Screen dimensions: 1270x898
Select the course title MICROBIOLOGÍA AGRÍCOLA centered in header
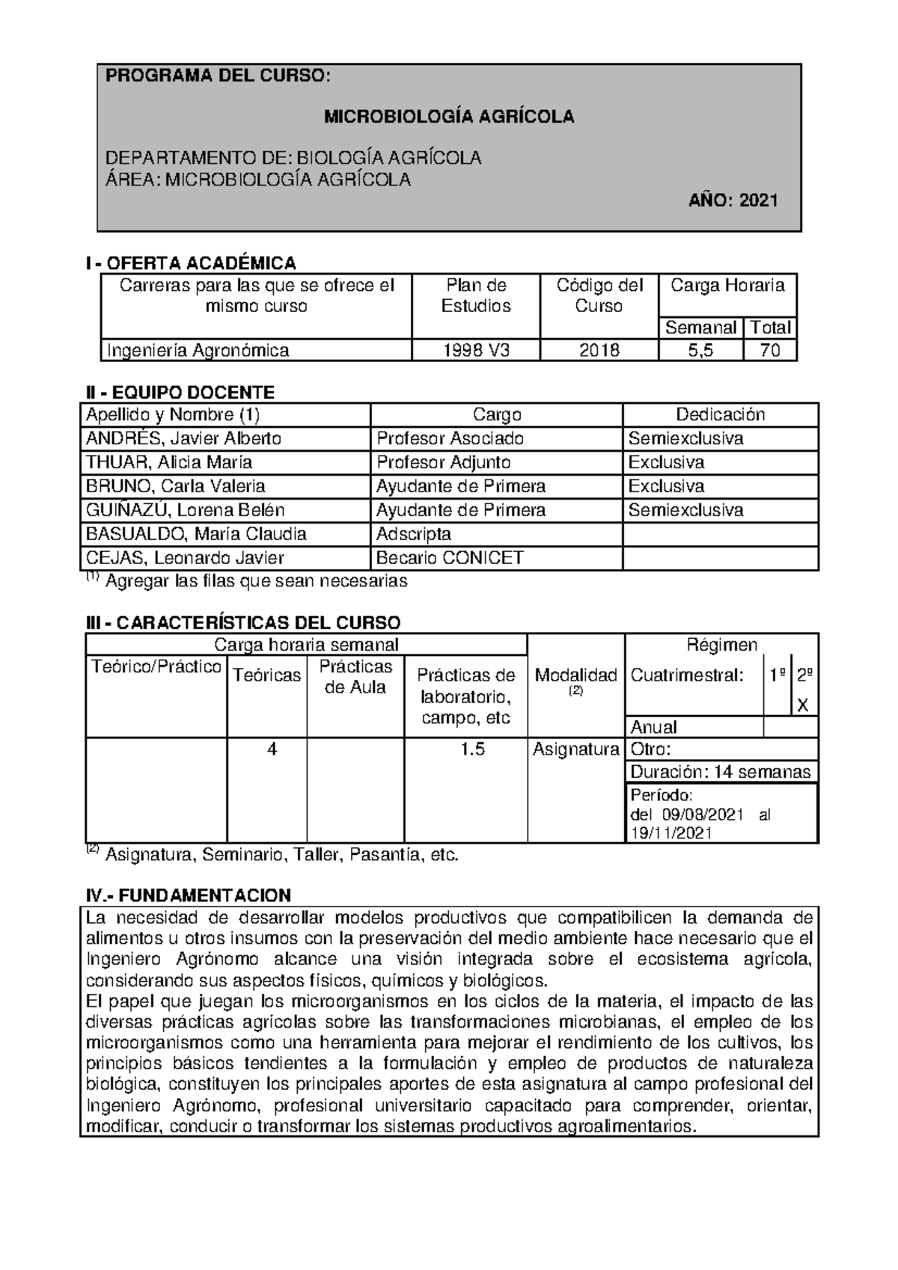click(x=449, y=117)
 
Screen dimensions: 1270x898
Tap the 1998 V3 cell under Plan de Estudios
click(x=476, y=350)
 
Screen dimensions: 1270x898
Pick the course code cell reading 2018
click(x=599, y=350)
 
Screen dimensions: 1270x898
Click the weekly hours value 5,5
click(x=700, y=350)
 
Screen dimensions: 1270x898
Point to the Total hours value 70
click(x=770, y=350)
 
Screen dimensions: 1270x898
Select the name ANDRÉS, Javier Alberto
click(x=184, y=438)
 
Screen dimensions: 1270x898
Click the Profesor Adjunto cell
click(x=444, y=462)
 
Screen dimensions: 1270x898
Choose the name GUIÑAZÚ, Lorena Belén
click(x=186, y=510)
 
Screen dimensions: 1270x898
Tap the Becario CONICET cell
click(x=450, y=558)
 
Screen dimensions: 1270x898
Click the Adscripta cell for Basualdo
click(x=414, y=534)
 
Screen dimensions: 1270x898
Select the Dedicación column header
click(x=720, y=415)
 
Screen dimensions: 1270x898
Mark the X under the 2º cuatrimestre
click(x=803, y=705)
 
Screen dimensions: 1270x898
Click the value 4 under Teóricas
click(x=272, y=749)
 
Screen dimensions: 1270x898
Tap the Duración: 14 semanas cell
click(x=720, y=772)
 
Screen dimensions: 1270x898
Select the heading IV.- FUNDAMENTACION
click(x=189, y=896)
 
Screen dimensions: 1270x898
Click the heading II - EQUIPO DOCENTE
click(x=180, y=393)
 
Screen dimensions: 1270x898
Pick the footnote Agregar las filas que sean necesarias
click(x=256, y=581)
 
